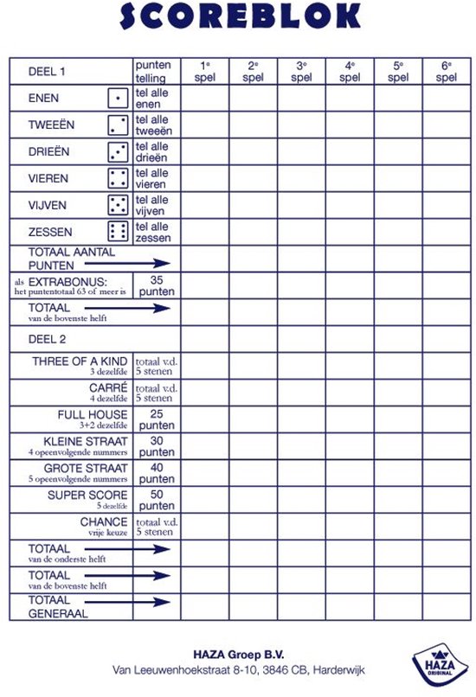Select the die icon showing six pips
119,232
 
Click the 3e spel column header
301,71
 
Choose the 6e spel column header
446,71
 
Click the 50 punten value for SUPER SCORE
157,500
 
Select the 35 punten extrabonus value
157,285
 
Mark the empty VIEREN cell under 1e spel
204,178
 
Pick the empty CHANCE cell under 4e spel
350,527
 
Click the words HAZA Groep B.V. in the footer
238,655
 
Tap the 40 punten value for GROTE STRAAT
157,473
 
